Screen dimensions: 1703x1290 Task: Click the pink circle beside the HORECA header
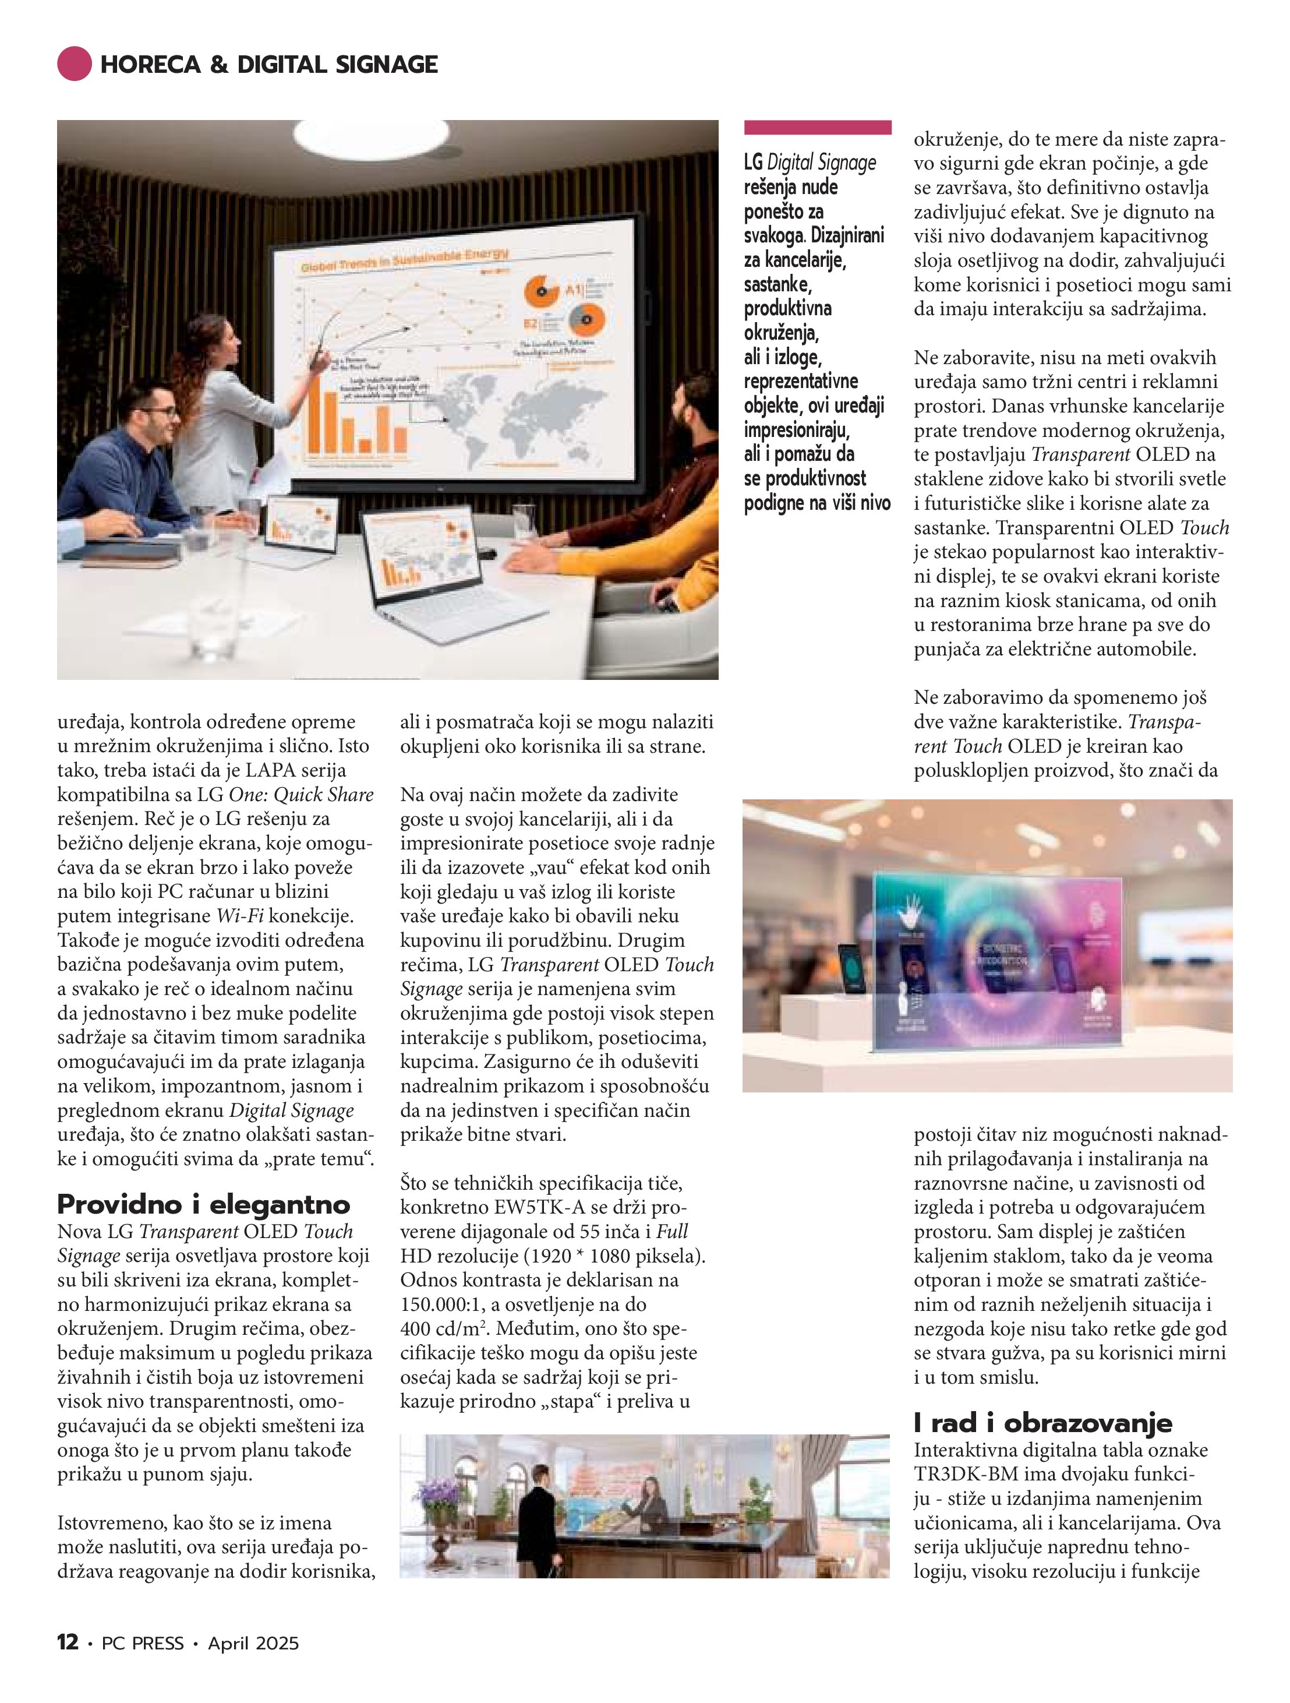coord(75,64)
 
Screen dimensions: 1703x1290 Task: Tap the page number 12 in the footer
coord(68,1643)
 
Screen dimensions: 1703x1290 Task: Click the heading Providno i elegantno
coord(203,1203)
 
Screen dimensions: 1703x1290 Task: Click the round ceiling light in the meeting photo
coord(371,139)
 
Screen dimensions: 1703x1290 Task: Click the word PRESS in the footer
coord(158,1644)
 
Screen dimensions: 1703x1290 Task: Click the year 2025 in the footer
coord(276,1644)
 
